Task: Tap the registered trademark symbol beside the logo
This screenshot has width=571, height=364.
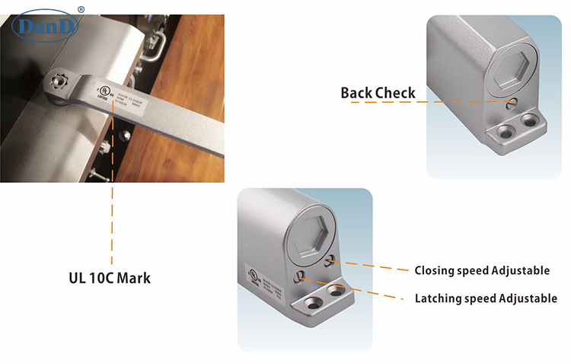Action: pos(81,9)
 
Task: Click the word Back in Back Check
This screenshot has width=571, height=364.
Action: pos(359,93)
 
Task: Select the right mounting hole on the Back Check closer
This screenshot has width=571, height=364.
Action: pos(527,120)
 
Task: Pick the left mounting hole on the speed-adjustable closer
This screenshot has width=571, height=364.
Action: pos(311,303)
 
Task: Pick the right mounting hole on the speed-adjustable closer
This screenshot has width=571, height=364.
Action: pos(335,291)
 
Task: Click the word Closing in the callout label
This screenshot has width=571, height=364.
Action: pos(435,270)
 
